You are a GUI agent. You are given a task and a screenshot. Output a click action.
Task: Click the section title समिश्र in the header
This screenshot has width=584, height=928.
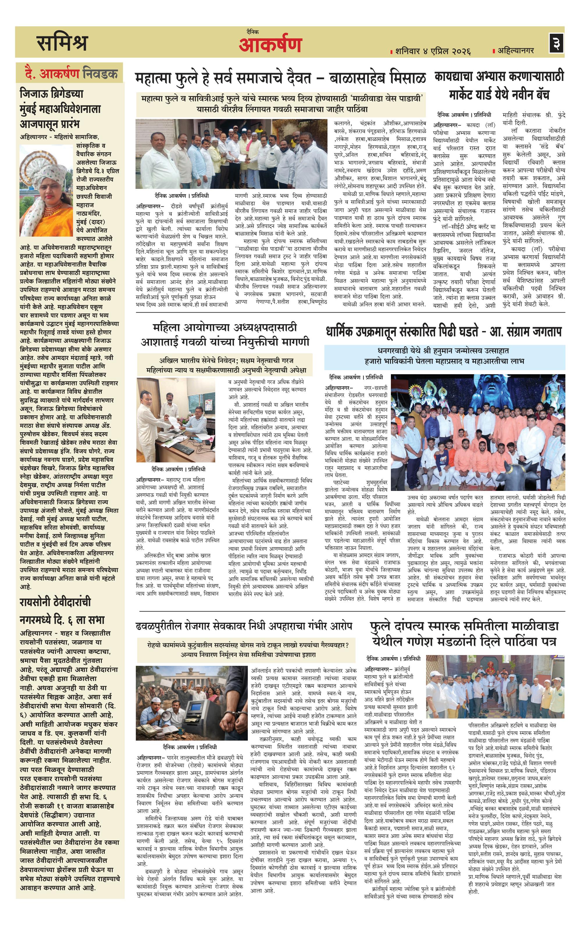63,42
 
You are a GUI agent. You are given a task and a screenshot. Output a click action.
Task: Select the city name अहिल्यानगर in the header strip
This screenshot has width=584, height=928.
516,50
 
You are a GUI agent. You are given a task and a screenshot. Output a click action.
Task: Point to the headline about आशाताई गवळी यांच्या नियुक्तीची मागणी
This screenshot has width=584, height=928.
225,335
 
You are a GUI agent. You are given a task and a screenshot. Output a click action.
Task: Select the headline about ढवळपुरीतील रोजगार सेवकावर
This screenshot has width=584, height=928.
244,626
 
